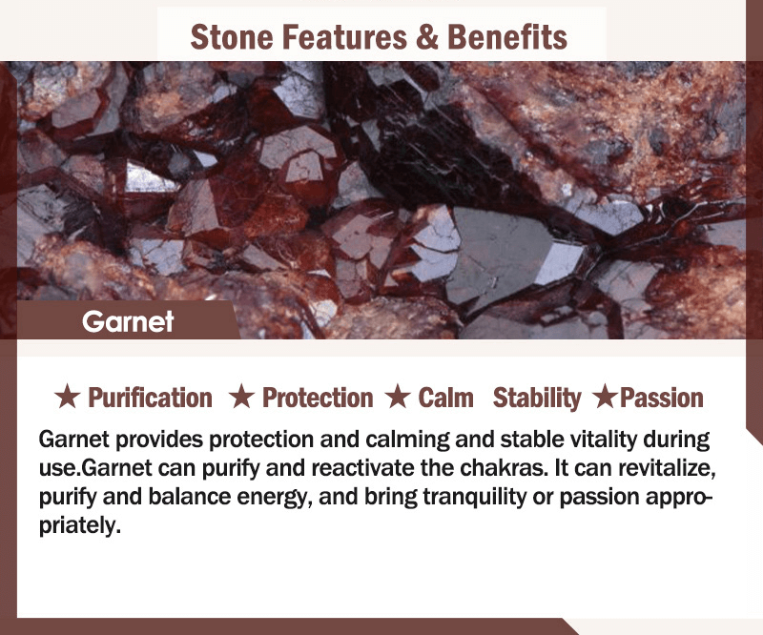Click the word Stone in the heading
pos(232,37)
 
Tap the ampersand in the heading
pos(426,37)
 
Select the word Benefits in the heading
pos(507,37)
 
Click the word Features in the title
pos(344,37)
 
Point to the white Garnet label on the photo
pos(128,321)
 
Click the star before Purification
pos(67,396)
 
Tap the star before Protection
pos(242,396)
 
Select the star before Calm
pos(398,396)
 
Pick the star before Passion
pos(606,396)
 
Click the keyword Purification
pos(151,398)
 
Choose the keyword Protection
pos(318,398)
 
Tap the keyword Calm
pos(445,398)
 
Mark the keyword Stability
pos(537,399)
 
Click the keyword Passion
pos(662,398)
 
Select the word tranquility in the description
pos(474,498)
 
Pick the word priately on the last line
pos(79,526)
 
